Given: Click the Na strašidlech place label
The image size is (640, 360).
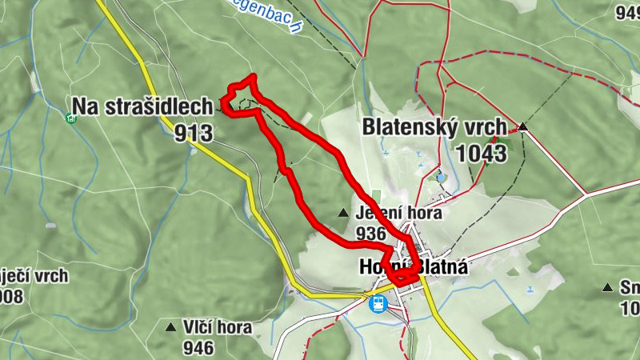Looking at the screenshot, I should [143, 106].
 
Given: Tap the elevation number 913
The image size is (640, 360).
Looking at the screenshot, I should [194, 132].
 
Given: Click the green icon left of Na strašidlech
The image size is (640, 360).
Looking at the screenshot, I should [70, 118].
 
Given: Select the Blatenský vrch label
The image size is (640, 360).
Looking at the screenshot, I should [434, 126].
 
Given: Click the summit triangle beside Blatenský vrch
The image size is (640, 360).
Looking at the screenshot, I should [522, 126].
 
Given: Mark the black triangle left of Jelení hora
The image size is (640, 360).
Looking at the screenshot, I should [343, 214].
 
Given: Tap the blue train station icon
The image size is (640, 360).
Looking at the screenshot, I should [377, 304].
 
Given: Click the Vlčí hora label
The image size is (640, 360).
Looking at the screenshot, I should [217, 327].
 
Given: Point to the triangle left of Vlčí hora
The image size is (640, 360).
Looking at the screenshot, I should [170, 327].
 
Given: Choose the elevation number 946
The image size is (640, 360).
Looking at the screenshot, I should [198, 346].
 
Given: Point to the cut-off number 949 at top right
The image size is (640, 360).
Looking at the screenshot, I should [628, 11].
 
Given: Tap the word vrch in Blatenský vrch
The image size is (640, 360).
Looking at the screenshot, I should [484, 126].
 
